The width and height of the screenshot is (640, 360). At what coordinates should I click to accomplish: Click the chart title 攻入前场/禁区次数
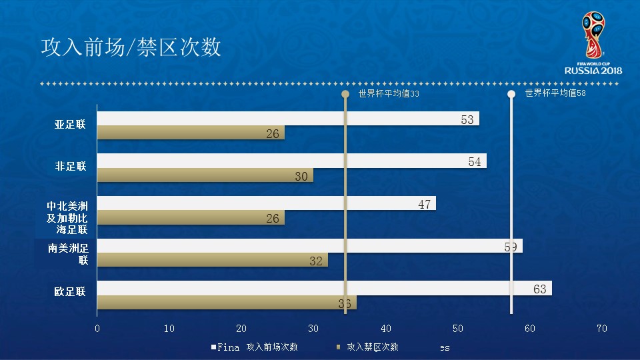click(131, 48)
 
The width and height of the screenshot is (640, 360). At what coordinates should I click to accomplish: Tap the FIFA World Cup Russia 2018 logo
click(593, 43)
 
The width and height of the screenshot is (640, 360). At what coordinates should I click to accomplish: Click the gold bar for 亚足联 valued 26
click(191, 133)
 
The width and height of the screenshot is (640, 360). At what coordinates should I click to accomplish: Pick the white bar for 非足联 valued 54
click(291, 161)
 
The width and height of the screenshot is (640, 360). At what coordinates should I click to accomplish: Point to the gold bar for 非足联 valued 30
click(205, 175)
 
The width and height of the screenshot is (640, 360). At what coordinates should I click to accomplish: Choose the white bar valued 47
click(266, 203)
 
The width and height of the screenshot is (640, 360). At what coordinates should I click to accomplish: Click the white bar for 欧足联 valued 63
click(324, 288)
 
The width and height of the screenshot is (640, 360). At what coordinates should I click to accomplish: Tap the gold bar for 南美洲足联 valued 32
click(212, 260)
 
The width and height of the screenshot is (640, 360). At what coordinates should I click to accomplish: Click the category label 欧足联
click(71, 291)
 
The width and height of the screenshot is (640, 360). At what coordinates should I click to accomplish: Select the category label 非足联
click(71, 167)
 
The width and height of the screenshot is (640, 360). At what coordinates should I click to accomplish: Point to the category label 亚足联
click(71, 125)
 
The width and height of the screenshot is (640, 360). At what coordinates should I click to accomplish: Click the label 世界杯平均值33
click(389, 94)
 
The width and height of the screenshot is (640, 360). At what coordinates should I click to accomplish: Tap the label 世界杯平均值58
click(555, 93)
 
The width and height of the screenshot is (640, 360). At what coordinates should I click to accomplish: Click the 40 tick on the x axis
click(385, 328)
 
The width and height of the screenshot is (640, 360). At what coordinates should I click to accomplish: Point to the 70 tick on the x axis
click(601, 328)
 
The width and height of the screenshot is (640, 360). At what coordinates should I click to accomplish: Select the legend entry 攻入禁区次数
click(372, 347)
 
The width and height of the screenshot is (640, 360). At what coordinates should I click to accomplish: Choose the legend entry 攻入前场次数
click(271, 347)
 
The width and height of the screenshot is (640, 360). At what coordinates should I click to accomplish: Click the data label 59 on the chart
click(511, 247)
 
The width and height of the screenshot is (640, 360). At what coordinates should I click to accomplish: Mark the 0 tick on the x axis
click(97, 328)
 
